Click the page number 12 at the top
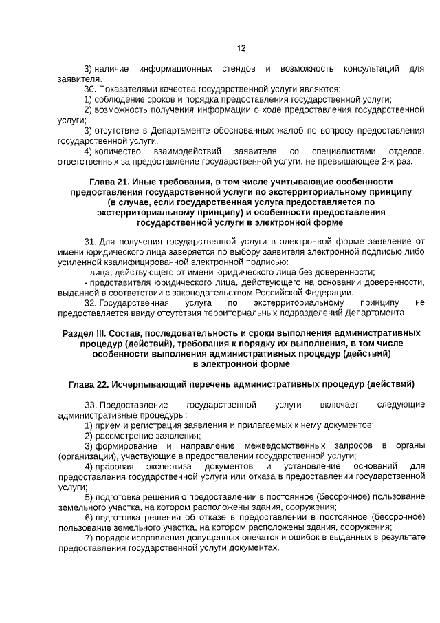point(241,49)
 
